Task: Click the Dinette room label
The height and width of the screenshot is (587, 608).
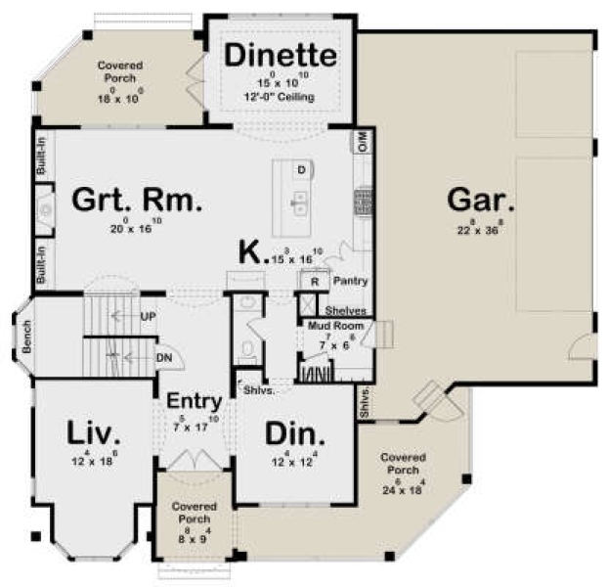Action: [x=281, y=56]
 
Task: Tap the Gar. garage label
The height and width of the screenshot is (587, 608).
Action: [x=480, y=201]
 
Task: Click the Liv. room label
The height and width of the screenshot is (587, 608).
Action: [x=94, y=432]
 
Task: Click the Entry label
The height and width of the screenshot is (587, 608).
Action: [x=192, y=401]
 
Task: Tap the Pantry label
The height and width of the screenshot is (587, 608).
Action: [x=349, y=281]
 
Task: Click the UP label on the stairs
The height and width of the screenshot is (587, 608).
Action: [x=149, y=316]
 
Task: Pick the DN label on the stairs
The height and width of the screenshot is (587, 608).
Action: [x=164, y=357]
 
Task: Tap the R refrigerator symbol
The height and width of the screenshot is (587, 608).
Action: [x=313, y=280]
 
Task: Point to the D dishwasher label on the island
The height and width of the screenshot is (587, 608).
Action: [x=302, y=170]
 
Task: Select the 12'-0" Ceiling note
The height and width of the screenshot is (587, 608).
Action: [x=281, y=97]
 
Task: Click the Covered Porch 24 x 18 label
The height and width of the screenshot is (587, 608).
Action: [x=403, y=468]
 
